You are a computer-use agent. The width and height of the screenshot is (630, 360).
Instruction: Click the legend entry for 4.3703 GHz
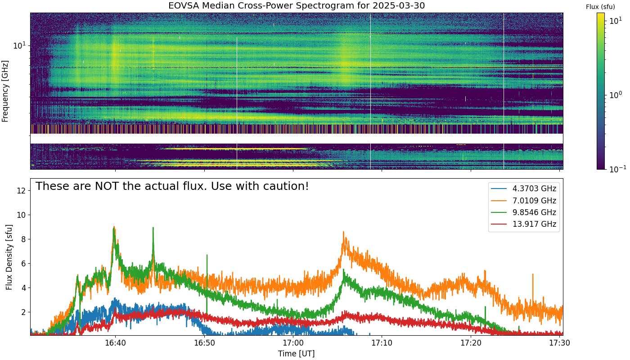[x=523, y=189]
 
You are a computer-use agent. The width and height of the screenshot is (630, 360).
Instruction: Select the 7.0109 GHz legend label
[x=523, y=201]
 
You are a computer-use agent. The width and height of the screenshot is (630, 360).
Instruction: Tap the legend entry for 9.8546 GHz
[x=523, y=212]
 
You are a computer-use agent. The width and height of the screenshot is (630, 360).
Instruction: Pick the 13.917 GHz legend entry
[x=523, y=224]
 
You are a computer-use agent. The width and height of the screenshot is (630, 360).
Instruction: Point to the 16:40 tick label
[x=115, y=343]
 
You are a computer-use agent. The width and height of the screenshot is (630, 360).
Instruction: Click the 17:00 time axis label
[x=293, y=343]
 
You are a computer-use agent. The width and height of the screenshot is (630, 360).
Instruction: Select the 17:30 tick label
[x=560, y=343]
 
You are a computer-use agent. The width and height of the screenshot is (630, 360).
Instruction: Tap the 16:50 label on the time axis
[x=204, y=343]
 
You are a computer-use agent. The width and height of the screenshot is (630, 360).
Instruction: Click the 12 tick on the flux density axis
[x=21, y=191]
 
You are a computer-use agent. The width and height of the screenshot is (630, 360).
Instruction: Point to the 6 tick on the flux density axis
[x=23, y=264]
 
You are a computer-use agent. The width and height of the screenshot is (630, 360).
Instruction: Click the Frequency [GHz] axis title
[x=5, y=91]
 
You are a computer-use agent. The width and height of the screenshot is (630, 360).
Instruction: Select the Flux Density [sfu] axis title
[x=9, y=257]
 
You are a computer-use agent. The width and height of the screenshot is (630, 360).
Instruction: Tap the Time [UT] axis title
[x=296, y=354]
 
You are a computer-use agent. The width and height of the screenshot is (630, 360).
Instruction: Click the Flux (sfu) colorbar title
[x=600, y=7]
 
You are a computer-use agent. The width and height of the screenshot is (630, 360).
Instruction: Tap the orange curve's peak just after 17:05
[x=343, y=232]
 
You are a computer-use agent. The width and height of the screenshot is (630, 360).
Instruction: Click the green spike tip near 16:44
[x=153, y=227]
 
